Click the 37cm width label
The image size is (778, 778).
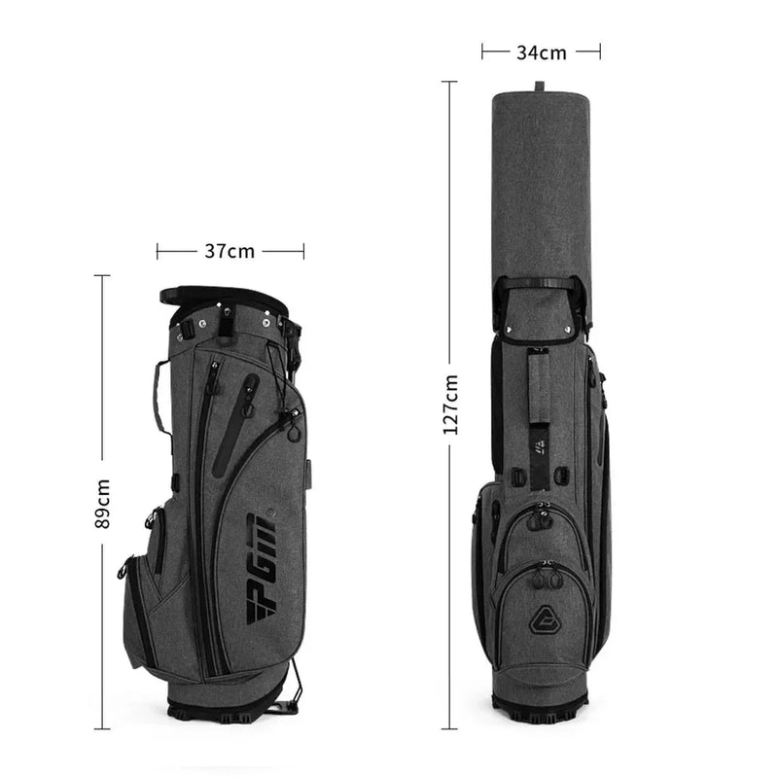pyautogui.click(x=230, y=251)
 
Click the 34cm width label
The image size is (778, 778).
pyautogui.click(x=541, y=52)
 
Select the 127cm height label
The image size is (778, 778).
pyautogui.click(x=450, y=405)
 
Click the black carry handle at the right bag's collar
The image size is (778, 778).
pyautogui.click(x=541, y=284)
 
